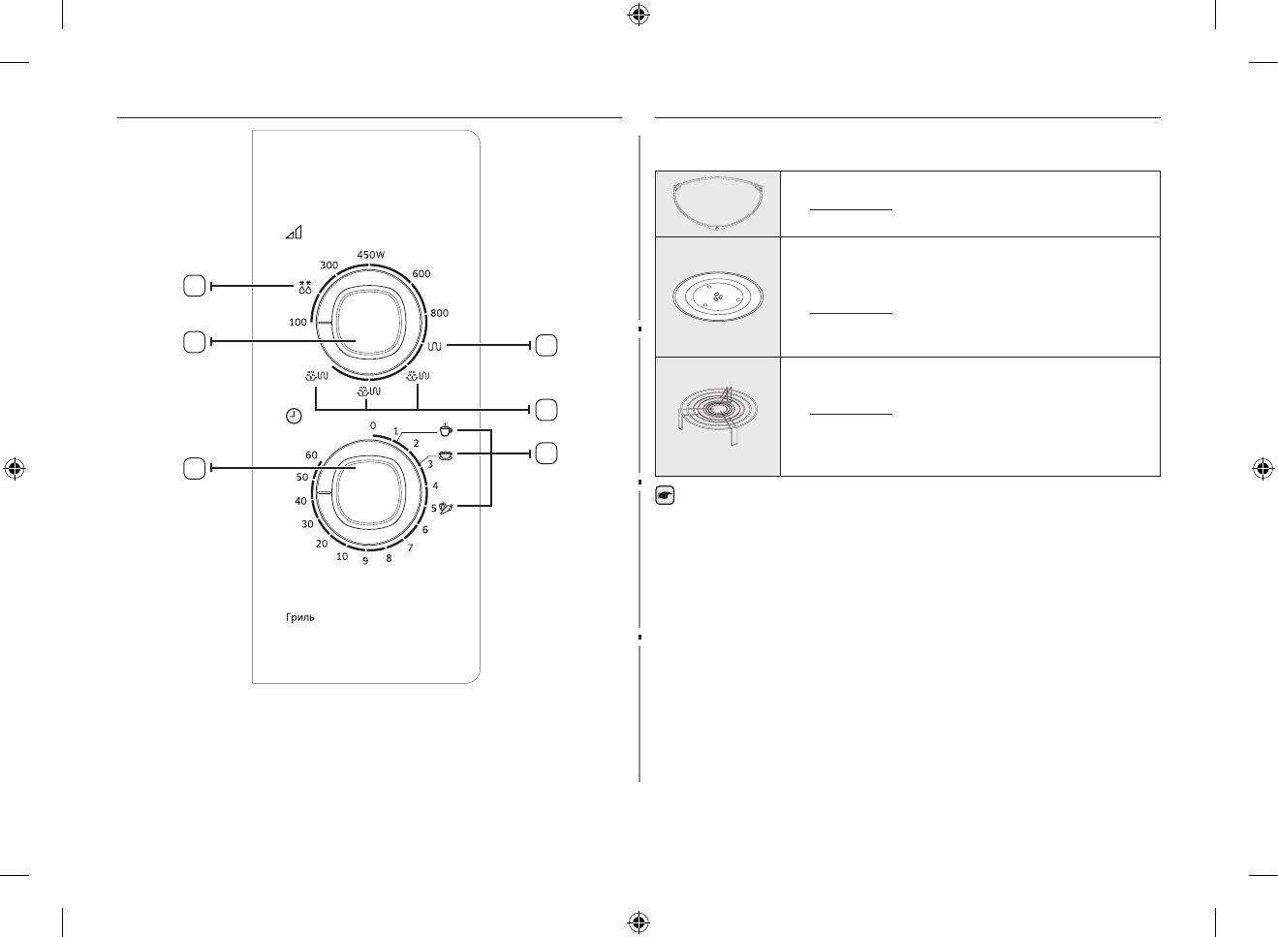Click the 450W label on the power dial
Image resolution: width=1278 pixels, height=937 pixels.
371,255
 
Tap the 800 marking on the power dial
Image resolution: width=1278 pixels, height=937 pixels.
439,313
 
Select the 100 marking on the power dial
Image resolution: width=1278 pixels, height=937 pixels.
297,322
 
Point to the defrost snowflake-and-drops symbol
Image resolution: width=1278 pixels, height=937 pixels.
305,287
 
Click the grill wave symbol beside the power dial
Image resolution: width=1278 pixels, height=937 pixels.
435,346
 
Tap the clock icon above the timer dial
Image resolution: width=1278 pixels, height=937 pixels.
294,416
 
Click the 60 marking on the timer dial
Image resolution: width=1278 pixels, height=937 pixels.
311,454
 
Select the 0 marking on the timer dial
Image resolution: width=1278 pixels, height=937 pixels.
373,425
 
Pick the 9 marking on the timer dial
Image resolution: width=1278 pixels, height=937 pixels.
365,561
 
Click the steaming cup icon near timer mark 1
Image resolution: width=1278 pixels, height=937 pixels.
446,429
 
